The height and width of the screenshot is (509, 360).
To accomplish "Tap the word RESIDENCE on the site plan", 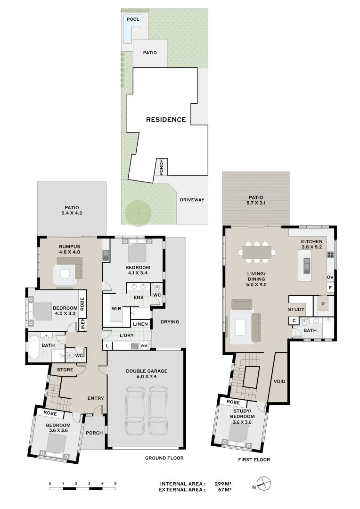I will (166, 120).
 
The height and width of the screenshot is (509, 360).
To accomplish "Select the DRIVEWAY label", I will (192, 200).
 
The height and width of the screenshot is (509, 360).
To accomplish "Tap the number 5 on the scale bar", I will (115, 484).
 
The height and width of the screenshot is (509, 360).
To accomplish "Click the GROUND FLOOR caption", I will (164, 458).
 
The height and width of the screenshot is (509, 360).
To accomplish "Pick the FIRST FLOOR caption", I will (254, 460).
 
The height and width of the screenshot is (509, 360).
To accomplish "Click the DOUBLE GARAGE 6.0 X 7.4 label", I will (146, 374).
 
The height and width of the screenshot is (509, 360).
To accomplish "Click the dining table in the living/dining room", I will (257, 252).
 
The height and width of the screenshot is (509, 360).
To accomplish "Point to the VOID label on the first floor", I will (279, 381).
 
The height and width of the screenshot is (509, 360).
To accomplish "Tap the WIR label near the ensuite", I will (117, 309).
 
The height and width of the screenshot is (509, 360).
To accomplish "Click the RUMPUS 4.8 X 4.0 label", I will (70, 249).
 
